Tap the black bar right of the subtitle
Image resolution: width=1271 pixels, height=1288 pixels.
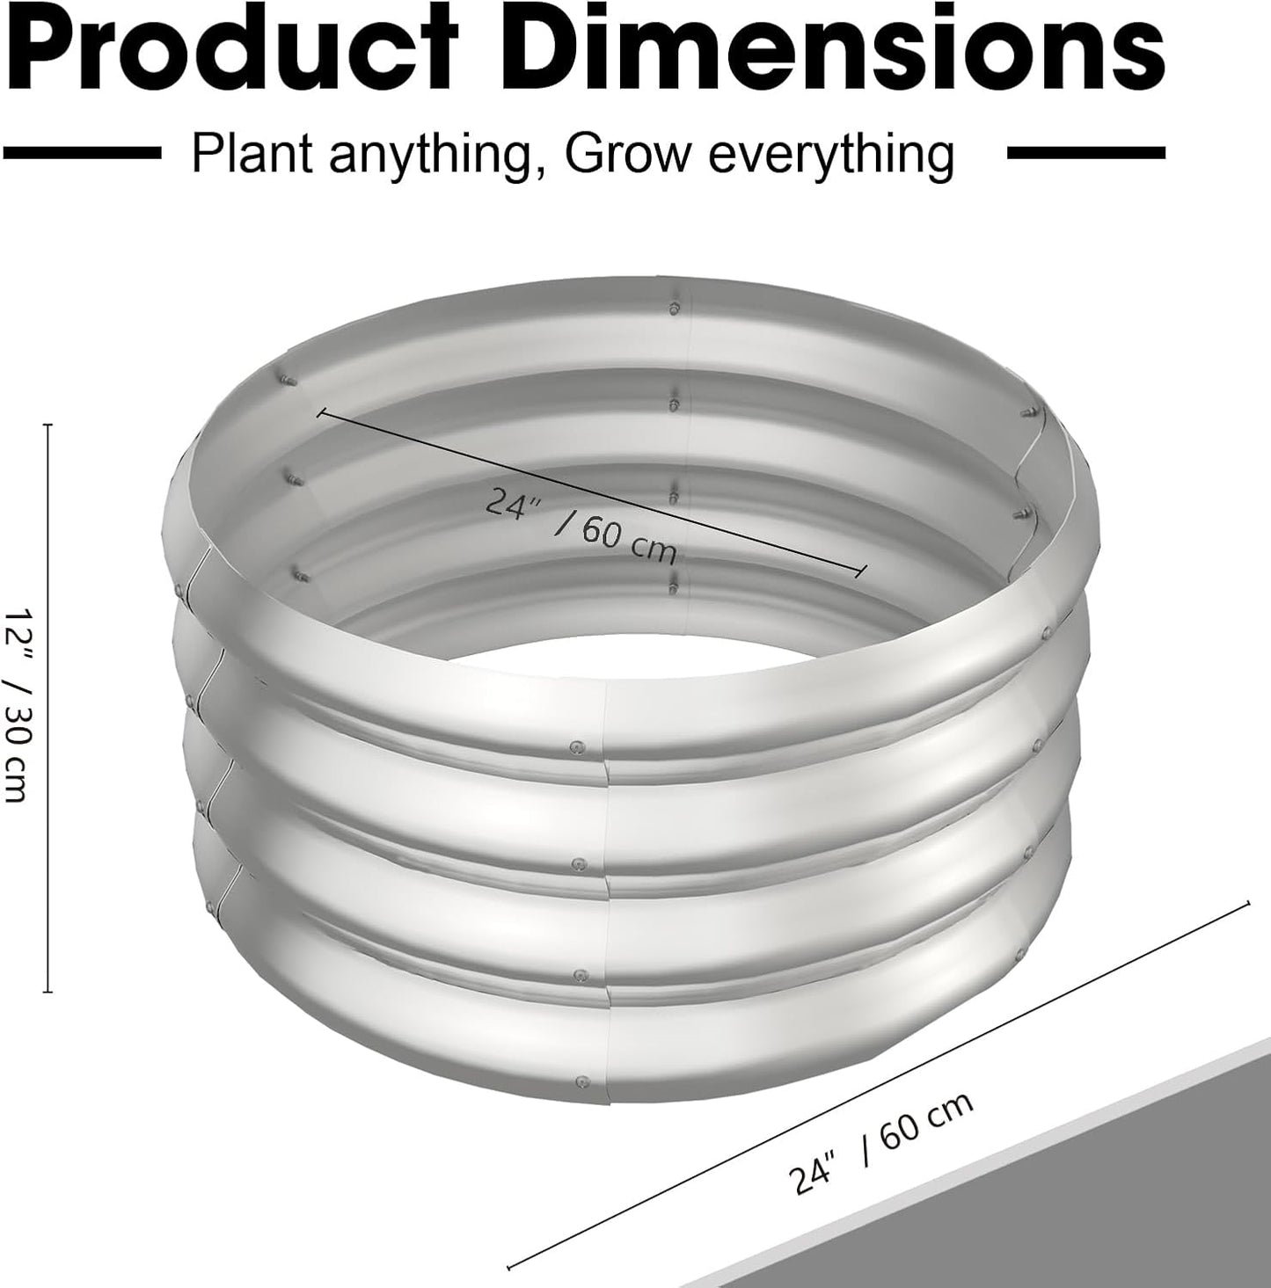[1085, 153]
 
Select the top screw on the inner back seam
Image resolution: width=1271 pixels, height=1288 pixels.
[673, 309]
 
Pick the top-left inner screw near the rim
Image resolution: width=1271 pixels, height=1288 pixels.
[291, 381]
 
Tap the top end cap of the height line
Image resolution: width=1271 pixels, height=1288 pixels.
[48, 425]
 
